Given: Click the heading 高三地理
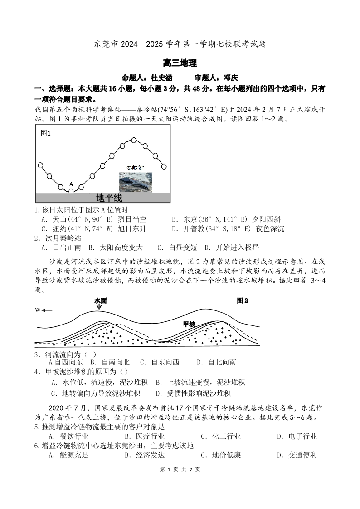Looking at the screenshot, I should tap(180, 63).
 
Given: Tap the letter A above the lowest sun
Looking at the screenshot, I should tap(71, 184).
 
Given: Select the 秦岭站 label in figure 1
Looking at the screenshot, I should tap(135, 167).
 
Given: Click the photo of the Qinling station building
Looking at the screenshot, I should tap(135, 182).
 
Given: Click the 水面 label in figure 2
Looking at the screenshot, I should tap(100, 301).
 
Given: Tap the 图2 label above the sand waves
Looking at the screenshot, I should tap(243, 301).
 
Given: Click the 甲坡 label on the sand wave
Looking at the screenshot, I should tap(189, 324).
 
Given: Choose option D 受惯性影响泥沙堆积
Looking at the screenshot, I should tap(193, 393).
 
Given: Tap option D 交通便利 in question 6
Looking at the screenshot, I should tap(297, 456).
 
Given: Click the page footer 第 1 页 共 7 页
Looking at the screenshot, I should tap(180, 470).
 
